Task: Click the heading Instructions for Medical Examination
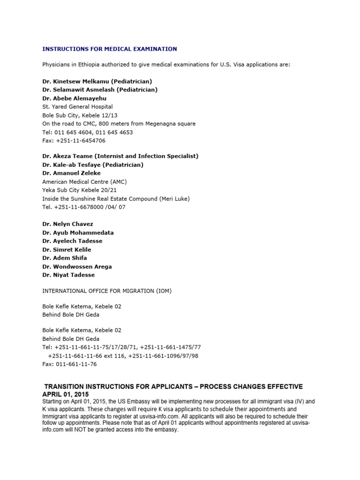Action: coord(110,49)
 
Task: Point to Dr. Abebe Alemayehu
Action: coord(75,98)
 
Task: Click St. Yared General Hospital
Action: coord(77,107)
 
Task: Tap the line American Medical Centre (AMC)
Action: coord(84,181)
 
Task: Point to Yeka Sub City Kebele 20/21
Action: coord(79,190)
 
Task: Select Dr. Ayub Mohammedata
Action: coord(78,232)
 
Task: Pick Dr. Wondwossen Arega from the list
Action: coord(77,267)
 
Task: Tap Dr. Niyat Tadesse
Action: coord(68,275)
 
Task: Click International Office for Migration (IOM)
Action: coord(107,291)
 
